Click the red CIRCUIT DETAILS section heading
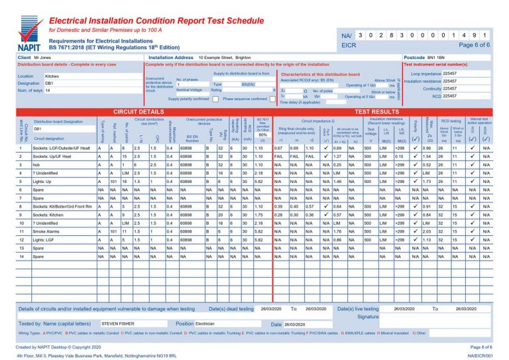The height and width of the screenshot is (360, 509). [x=139, y=112]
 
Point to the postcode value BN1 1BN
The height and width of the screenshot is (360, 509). [x=435, y=58]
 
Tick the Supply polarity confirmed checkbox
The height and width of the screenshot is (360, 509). [x=216, y=99]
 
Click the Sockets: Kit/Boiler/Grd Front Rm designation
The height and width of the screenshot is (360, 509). [x=63, y=206]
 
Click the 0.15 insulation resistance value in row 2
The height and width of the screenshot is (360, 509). [x=401, y=156]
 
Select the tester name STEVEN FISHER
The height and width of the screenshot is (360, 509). [x=117, y=324]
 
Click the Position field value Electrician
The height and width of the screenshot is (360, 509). [x=205, y=324]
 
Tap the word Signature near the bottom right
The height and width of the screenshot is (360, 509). [x=368, y=317]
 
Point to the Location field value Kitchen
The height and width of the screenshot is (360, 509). [x=52, y=76]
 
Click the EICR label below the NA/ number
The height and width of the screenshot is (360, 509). [x=349, y=45]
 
